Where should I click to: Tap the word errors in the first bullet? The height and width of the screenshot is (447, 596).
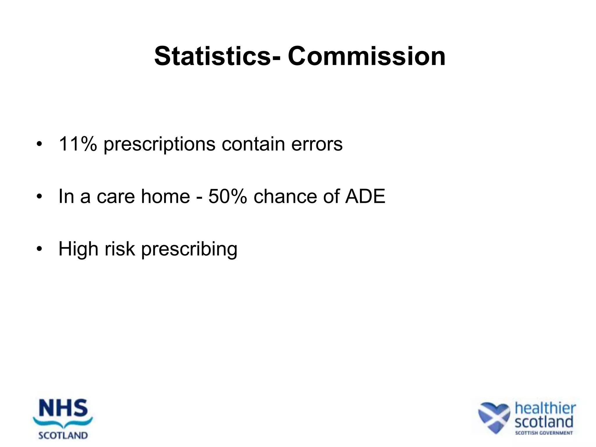tap(317, 144)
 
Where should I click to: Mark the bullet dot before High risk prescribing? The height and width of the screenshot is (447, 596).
tap(39, 249)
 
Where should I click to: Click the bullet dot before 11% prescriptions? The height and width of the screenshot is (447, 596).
tap(39, 144)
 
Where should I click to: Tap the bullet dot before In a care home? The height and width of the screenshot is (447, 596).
tap(39, 197)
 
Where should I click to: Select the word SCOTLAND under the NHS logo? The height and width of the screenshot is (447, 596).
tap(63, 435)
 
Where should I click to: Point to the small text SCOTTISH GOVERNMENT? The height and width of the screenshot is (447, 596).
tap(544, 433)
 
